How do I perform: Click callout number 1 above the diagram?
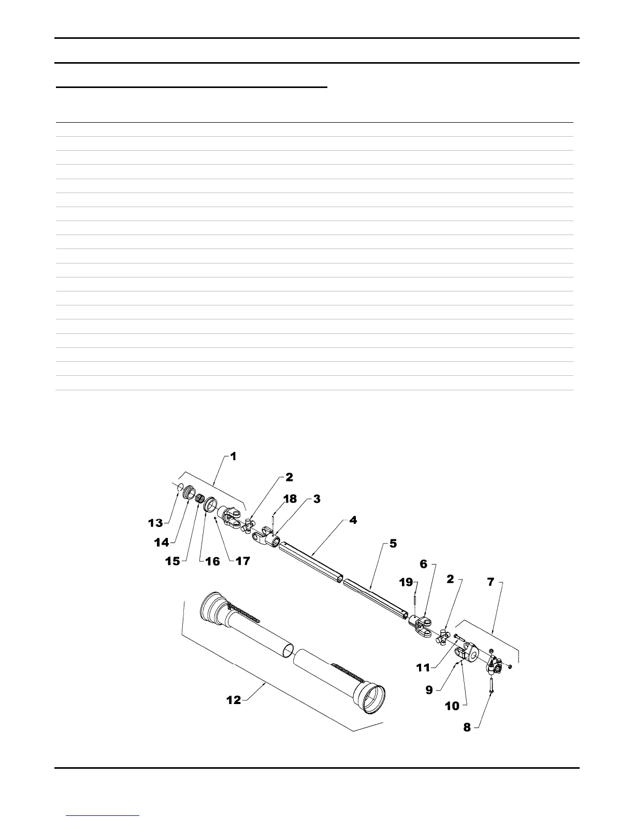tap(233, 457)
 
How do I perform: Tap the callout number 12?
tap(234, 700)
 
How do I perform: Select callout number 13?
tap(155, 523)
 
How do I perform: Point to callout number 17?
tap(243, 561)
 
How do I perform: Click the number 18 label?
tap(290, 499)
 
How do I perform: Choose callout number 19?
tap(407, 582)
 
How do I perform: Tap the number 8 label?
tap(467, 727)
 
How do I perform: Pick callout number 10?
tap(452, 706)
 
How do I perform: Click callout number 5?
tap(393, 544)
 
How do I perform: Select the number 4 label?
tap(353, 520)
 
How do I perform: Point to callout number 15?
tap(172, 561)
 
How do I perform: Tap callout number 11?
tap(423, 667)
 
